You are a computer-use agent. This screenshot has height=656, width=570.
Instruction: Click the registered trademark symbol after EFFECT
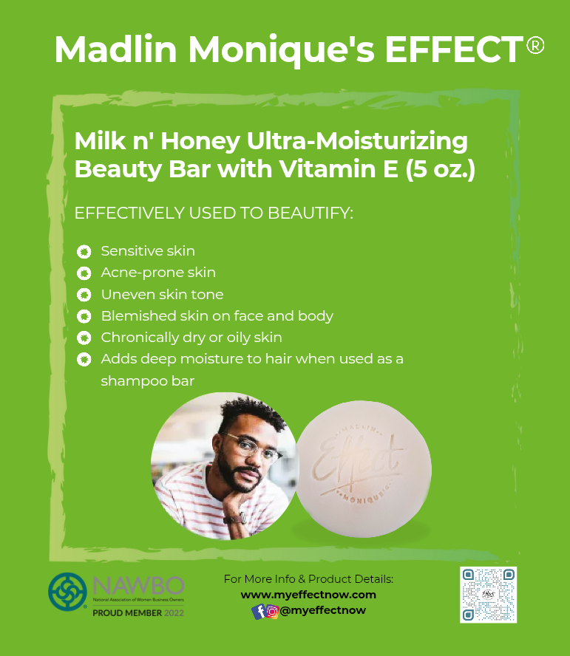[535, 46]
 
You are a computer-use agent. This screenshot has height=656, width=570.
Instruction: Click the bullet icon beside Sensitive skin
[84, 252]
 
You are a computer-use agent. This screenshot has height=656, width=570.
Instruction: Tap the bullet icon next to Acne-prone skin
[84, 273]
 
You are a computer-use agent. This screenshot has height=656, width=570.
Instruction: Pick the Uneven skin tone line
[162, 295]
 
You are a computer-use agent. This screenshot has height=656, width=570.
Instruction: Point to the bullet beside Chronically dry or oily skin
[84, 338]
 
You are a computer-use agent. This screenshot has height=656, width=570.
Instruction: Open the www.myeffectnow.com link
[308, 595]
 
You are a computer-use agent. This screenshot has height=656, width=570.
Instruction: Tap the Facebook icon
[259, 612]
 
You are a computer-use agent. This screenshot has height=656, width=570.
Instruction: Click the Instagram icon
[272, 612]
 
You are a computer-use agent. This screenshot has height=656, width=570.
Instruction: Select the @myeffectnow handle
[323, 611]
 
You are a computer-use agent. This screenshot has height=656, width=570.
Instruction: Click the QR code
[488, 595]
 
